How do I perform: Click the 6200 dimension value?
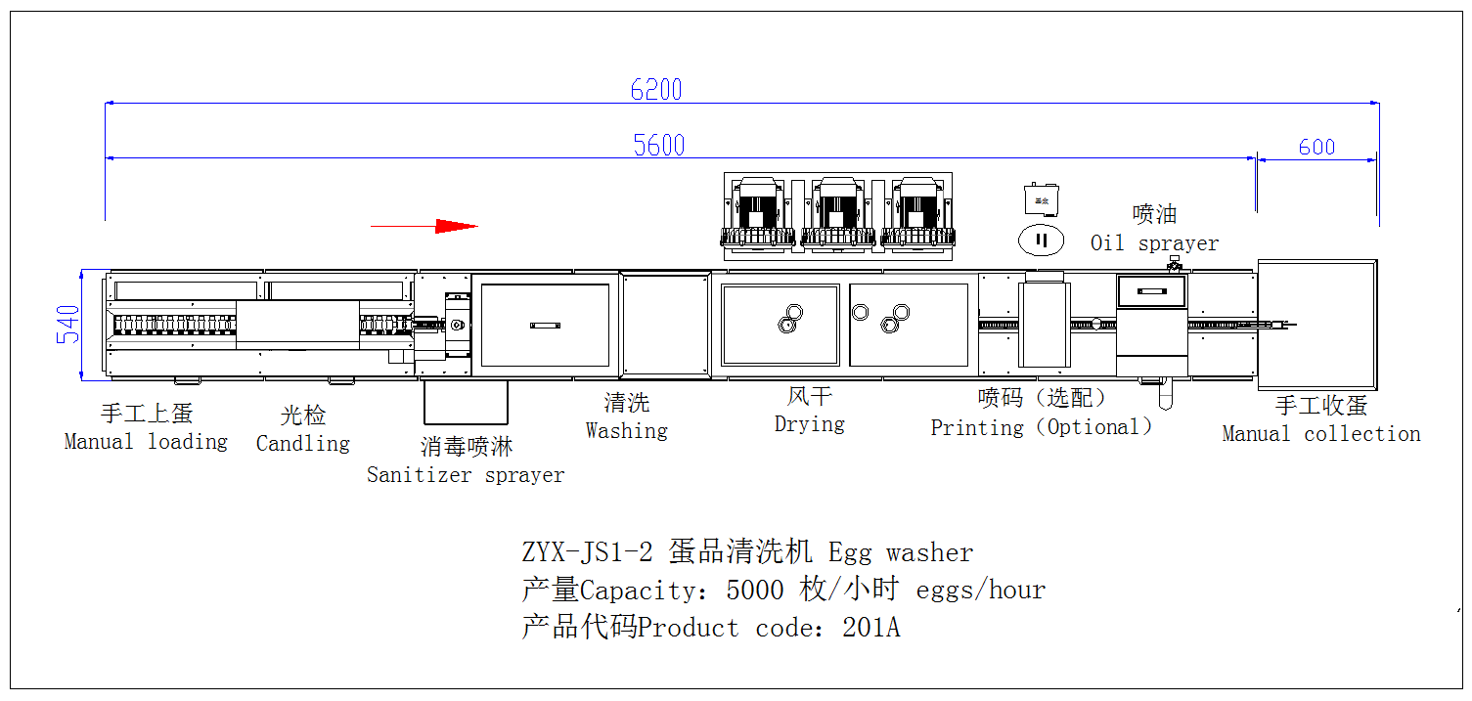coord(656,90)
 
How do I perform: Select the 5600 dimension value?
coord(659,146)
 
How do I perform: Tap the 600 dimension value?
coord(1316,147)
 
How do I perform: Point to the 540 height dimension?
coord(67,325)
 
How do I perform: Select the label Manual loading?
coord(146,442)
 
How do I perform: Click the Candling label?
coord(302,444)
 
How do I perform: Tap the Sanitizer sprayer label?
coord(466,475)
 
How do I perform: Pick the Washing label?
coord(626,430)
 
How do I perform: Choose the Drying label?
coord(809,424)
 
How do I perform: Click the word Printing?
coord(976,427)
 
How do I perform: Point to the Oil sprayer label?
coord(1154,243)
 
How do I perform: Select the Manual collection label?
coord(1320,434)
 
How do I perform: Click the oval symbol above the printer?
coord(1042,240)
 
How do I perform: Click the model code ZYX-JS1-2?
coord(587,552)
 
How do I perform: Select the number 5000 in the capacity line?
coord(755,591)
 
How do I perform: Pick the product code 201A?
coord(870,628)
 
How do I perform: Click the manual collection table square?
coord(1316,324)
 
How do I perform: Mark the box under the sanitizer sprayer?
coord(466,402)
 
